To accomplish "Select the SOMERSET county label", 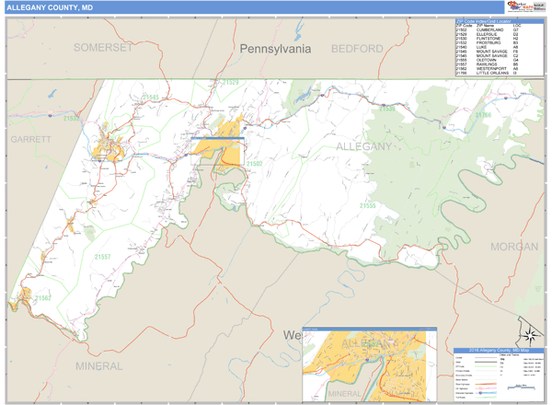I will pos(103,47).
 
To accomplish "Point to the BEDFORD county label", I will pos(357,47).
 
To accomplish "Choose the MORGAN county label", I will pos(513,246).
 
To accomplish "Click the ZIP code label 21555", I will pos(372,204).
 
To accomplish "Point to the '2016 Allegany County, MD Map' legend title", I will pos(498,351).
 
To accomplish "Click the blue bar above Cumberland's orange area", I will pos(218,138).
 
